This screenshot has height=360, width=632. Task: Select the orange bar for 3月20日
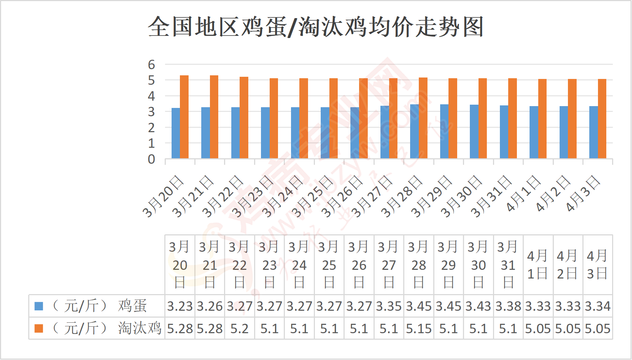(x=184, y=117)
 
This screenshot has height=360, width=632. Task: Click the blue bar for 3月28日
(x=414, y=131)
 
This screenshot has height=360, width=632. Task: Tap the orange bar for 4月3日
(x=602, y=118)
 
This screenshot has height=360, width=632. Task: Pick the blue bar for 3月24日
(x=295, y=133)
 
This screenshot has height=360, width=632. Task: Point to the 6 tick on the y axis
(x=151, y=65)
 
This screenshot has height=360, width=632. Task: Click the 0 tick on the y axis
(x=151, y=159)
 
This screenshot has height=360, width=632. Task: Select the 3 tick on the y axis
(x=151, y=112)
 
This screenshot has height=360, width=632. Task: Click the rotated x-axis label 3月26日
(x=342, y=197)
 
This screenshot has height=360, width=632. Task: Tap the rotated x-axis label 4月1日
(x=523, y=194)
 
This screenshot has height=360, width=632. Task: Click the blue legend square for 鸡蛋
(x=39, y=306)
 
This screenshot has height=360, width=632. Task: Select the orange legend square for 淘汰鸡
(x=39, y=328)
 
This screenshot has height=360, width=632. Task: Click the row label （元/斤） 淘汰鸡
(x=107, y=328)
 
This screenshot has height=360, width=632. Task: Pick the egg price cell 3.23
(x=180, y=306)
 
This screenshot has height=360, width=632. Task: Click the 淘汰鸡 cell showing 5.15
(x=418, y=328)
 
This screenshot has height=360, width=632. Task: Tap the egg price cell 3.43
(x=478, y=306)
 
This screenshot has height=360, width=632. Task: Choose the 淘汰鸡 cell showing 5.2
(x=240, y=328)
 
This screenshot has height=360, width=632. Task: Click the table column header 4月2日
(x=568, y=265)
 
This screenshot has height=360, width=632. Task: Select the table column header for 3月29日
(x=448, y=265)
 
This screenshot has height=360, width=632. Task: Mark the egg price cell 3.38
(x=508, y=306)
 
